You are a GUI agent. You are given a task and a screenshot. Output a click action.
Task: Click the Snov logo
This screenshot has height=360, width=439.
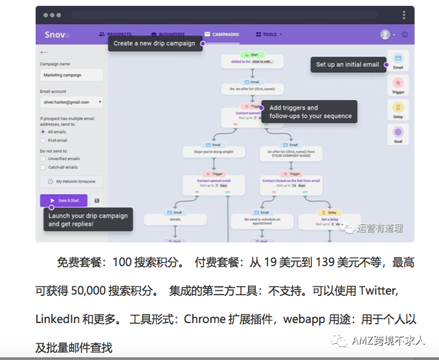pyautogui.click(x=55, y=34)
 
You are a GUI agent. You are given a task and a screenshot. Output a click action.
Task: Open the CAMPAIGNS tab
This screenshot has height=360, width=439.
pyautogui.click(x=221, y=34)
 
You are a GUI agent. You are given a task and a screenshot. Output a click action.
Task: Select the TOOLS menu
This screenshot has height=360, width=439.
pyautogui.click(x=269, y=34)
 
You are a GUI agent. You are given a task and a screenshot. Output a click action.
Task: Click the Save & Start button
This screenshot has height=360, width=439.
pyautogui.click(x=63, y=201)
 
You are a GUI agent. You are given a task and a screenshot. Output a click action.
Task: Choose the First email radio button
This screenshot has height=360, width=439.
pyautogui.click(x=43, y=140)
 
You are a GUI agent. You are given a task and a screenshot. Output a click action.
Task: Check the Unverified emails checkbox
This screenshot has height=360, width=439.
pyautogui.click(x=43, y=158)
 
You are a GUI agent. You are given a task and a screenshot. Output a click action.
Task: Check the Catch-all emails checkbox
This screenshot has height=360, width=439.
pyautogui.click(x=43, y=167)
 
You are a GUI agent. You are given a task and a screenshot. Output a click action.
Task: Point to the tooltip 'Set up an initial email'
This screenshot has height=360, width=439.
pyautogui.click(x=346, y=65)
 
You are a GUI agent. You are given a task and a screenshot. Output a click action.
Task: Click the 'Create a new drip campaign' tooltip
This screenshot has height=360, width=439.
pyautogui.click(x=154, y=43)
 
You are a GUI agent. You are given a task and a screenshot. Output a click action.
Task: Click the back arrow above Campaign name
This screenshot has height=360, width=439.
pyautogui.click(x=44, y=52)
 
